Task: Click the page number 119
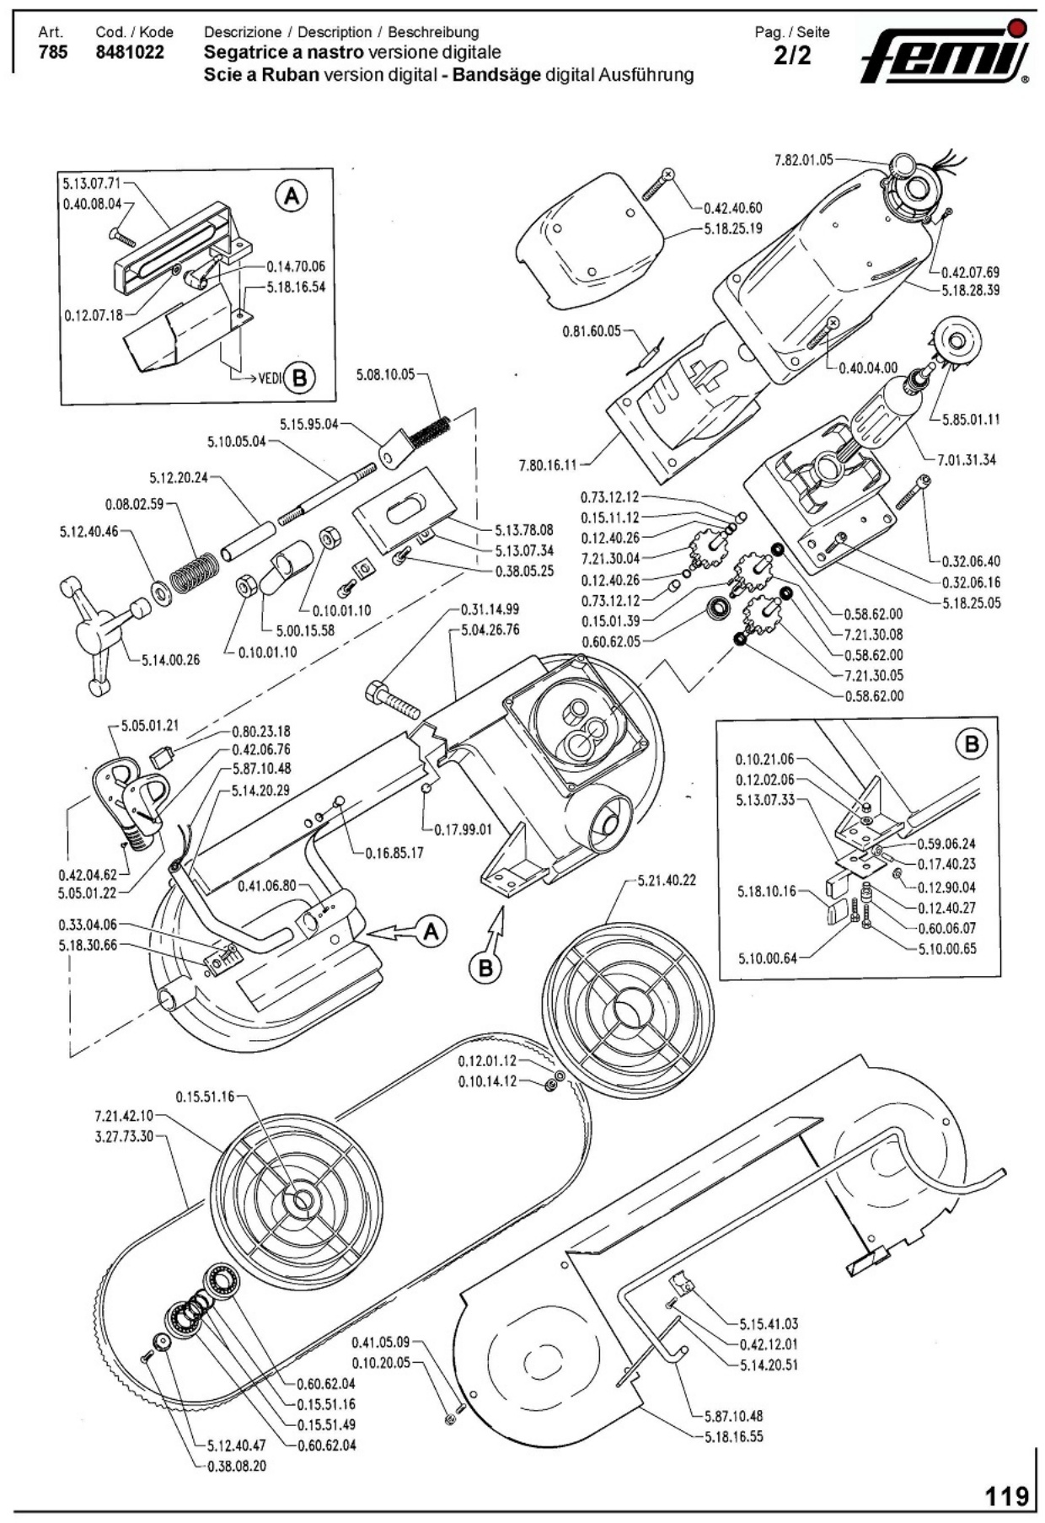point(1008,1495)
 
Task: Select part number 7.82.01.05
point(802,159)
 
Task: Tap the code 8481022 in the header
point(130,52)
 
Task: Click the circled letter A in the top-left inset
point(291,197)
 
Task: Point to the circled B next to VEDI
point(298,378)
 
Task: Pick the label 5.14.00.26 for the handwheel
point(170,659)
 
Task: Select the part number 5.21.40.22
point(667,880)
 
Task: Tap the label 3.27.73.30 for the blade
point(124,1135)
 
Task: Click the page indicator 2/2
point(791,56)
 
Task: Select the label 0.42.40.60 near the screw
point(732,208)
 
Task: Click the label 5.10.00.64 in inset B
point(767,957)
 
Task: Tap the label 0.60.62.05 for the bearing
point(610,641)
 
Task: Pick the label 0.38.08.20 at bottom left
point(236,1466)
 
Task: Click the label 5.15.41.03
point(769,1324)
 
